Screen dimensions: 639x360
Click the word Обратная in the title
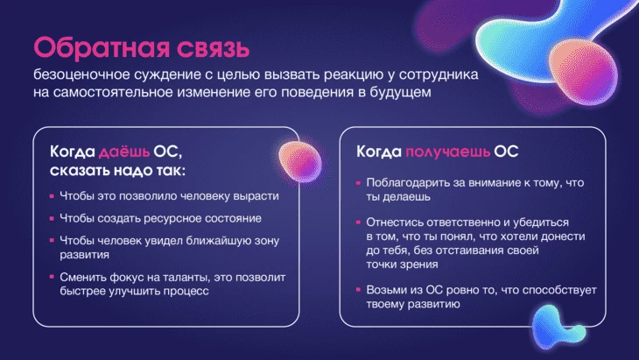coord(102,47)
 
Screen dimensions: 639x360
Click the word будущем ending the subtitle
coord(400,93)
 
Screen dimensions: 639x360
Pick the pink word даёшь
coord(124,152)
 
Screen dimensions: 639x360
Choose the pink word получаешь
coord(447,152)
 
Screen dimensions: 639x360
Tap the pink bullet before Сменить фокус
coord(52,277)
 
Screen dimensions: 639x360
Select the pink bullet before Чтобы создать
coord(52,218)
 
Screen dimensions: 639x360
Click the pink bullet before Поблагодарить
coord(358,183)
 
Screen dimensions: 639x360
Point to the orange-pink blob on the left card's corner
coord(300,161)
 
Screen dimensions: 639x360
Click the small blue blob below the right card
coord(557,325)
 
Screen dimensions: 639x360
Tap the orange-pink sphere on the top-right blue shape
coord(583,74)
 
